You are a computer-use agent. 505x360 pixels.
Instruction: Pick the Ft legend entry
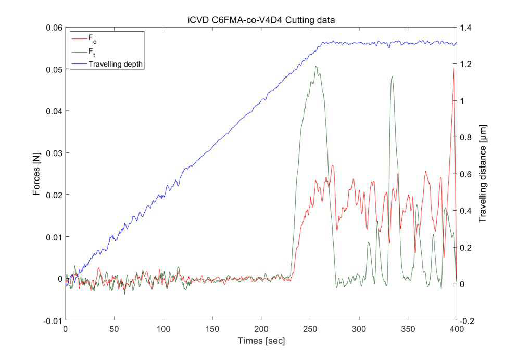(x=84, y=52)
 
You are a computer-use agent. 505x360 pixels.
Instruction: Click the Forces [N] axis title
(x=36, y=174)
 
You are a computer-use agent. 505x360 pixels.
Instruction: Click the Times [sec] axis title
(x=261, y=341)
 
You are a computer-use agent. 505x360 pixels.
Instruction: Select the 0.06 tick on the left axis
(x=54, y=28)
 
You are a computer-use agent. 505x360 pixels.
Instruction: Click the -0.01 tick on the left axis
(x=53, y=321)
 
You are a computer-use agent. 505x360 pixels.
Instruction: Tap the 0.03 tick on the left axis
(x=54, y=153)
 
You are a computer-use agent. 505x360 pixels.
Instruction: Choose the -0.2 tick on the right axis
(x=466, y=321)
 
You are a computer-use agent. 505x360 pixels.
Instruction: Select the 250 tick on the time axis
(x=310, y=329)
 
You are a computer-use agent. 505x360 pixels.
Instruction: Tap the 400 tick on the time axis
(x=457, y=329)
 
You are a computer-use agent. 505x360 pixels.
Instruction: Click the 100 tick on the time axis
(x=163, y=329)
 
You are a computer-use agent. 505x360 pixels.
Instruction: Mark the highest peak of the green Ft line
(x=316, y=66)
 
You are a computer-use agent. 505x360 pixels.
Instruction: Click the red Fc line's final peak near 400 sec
(x=454, y=68)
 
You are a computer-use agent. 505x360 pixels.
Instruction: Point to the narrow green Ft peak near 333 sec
(x=392, y=76)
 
